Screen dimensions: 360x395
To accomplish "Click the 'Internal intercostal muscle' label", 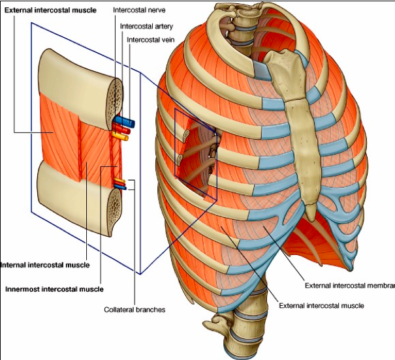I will pos(44,265).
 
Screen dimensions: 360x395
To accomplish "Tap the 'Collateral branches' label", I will pos(134,309).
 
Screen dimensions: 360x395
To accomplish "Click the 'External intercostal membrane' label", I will pos(349,286).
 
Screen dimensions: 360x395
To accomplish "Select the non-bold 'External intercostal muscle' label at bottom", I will pos(321,305).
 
